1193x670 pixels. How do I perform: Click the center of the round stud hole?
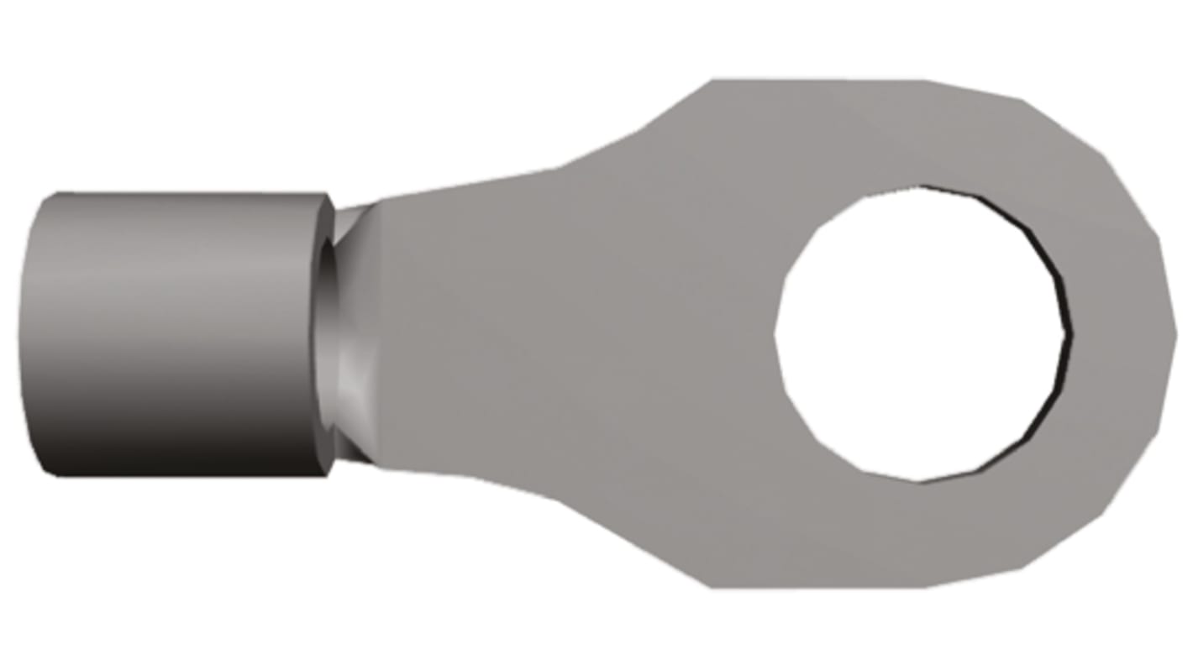(922, 334)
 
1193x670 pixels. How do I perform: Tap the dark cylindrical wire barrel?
(176, 336)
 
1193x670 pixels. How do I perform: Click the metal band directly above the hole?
(922, 134)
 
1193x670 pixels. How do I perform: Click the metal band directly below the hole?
(922, 533)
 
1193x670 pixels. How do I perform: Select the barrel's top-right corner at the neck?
(329, 196)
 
